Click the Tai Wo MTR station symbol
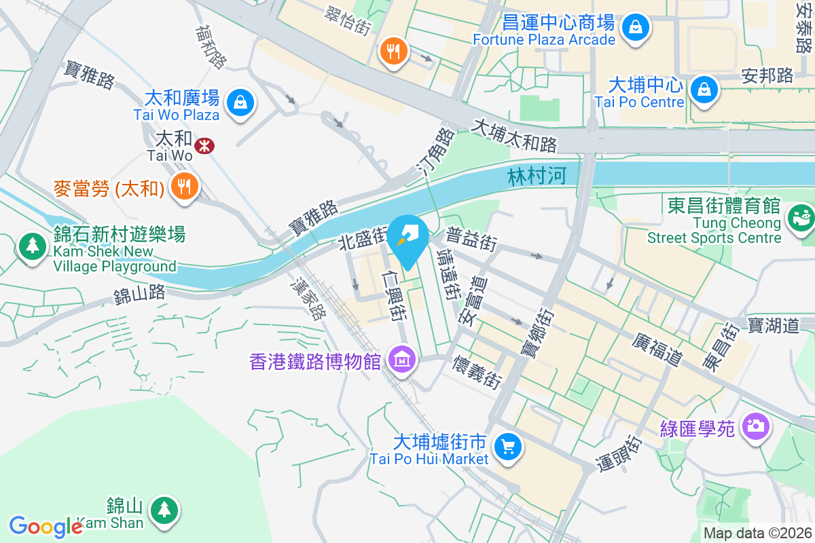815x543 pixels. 202,145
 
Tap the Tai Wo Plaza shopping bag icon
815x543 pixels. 240,102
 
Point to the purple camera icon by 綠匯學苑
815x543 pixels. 755,426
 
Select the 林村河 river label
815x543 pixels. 537,179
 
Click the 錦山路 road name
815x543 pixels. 139,295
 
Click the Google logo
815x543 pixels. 46,527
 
